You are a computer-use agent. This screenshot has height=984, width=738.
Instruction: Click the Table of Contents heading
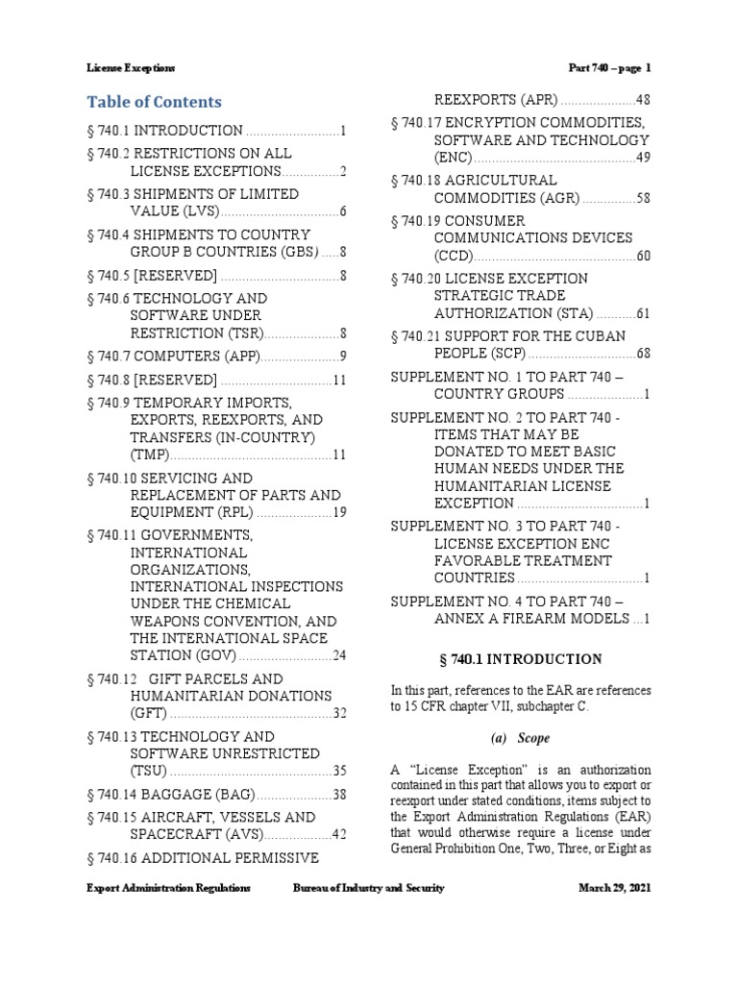coord(154,102)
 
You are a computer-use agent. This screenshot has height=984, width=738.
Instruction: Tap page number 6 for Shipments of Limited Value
coord(342,211)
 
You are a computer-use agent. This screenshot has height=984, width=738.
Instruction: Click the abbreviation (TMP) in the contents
coord(147,455)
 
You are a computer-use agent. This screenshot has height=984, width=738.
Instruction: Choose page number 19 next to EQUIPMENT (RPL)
coord(339,512)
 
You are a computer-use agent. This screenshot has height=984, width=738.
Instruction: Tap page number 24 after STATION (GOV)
coord(339,656)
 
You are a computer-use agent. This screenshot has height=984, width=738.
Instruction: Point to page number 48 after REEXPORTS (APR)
coord(644,100)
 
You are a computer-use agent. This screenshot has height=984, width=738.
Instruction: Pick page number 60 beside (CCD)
coord(644,256)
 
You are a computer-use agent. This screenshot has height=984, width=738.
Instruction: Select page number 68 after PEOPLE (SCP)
coord(644,353)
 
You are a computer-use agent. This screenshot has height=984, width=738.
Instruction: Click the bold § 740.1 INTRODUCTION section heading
coord(520,659)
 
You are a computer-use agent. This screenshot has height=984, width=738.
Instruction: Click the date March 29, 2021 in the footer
coord(615,888)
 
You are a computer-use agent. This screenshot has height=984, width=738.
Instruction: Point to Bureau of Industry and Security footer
coord(369,888)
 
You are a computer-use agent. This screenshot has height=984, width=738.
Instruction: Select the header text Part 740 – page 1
coord(610,68)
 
